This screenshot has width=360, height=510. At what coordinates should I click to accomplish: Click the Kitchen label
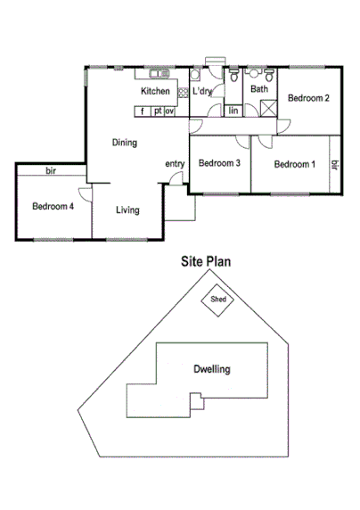click(155, 92)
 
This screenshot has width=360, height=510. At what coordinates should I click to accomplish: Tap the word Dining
click(125, 142)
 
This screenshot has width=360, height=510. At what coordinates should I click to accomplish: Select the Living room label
click(128, 210)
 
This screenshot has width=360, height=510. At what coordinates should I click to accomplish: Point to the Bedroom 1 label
click(294, 164)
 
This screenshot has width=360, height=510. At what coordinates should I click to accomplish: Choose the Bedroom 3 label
click(219, 163)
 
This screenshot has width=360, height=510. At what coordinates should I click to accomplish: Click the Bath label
click(259, 89)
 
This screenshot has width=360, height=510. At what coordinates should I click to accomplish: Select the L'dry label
click(201, 91)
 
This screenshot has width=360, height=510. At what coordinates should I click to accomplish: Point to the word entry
click(175, 163)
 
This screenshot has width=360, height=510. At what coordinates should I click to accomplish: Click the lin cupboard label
click(233, 111)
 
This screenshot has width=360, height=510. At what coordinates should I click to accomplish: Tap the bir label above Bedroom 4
click(51, 170)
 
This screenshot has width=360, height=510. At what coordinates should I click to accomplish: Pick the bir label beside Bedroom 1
click(335, 165)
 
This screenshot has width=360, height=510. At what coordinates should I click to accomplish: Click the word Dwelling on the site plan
click(212, 368)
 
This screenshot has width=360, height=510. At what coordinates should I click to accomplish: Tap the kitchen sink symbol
click(159, 74)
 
